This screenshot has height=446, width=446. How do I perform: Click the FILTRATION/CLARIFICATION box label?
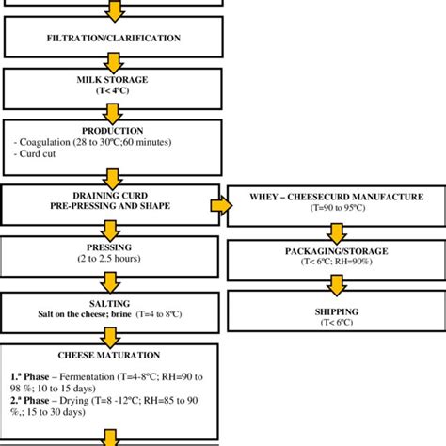[113, 37]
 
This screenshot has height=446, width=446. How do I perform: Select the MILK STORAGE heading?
[113, 81]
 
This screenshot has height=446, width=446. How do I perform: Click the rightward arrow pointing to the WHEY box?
[219, 204]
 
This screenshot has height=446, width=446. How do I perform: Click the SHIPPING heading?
[336, 311]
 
